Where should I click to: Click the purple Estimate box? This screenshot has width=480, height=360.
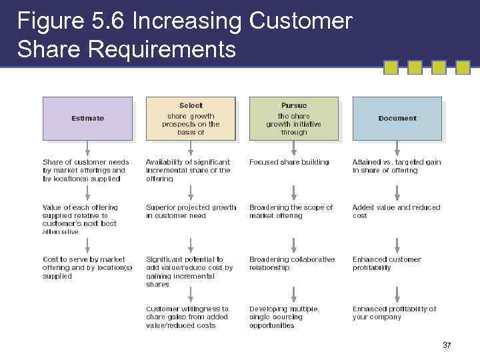[87, 118]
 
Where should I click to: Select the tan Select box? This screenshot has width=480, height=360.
[191, 118]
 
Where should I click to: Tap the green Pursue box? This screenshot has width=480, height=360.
[294, 118]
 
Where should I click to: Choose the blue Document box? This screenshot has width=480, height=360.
[397, 118]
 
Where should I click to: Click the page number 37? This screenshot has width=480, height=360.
[447, 345]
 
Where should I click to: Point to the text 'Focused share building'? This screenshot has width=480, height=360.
[289, 162]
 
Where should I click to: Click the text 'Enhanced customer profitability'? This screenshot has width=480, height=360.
[387, 263]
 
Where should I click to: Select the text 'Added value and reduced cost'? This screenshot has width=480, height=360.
[396, 211]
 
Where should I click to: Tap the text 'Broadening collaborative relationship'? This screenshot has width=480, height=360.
[292, 263]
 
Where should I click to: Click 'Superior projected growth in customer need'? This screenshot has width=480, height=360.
[191, 211]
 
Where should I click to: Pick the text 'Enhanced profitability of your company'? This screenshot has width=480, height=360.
[394, 313]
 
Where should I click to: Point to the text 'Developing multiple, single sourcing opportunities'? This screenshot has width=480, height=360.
[284, 317]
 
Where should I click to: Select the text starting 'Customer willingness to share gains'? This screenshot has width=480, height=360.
[187, 317]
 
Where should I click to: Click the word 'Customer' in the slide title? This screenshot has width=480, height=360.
[300, 21]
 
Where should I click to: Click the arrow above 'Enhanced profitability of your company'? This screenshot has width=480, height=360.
[397, 293]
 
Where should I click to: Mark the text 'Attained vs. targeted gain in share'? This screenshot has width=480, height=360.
[396, 166]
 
